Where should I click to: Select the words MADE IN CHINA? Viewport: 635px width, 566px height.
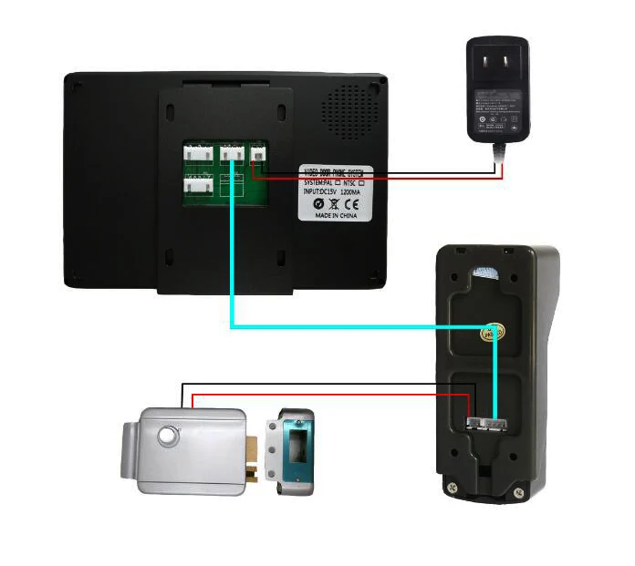(x=336, y=217)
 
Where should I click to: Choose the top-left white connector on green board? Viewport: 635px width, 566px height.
(x=198, y=154)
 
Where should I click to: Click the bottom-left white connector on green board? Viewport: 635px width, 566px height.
(x=198, y=187)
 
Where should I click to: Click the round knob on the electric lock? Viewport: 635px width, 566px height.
(x=168, y=436)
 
